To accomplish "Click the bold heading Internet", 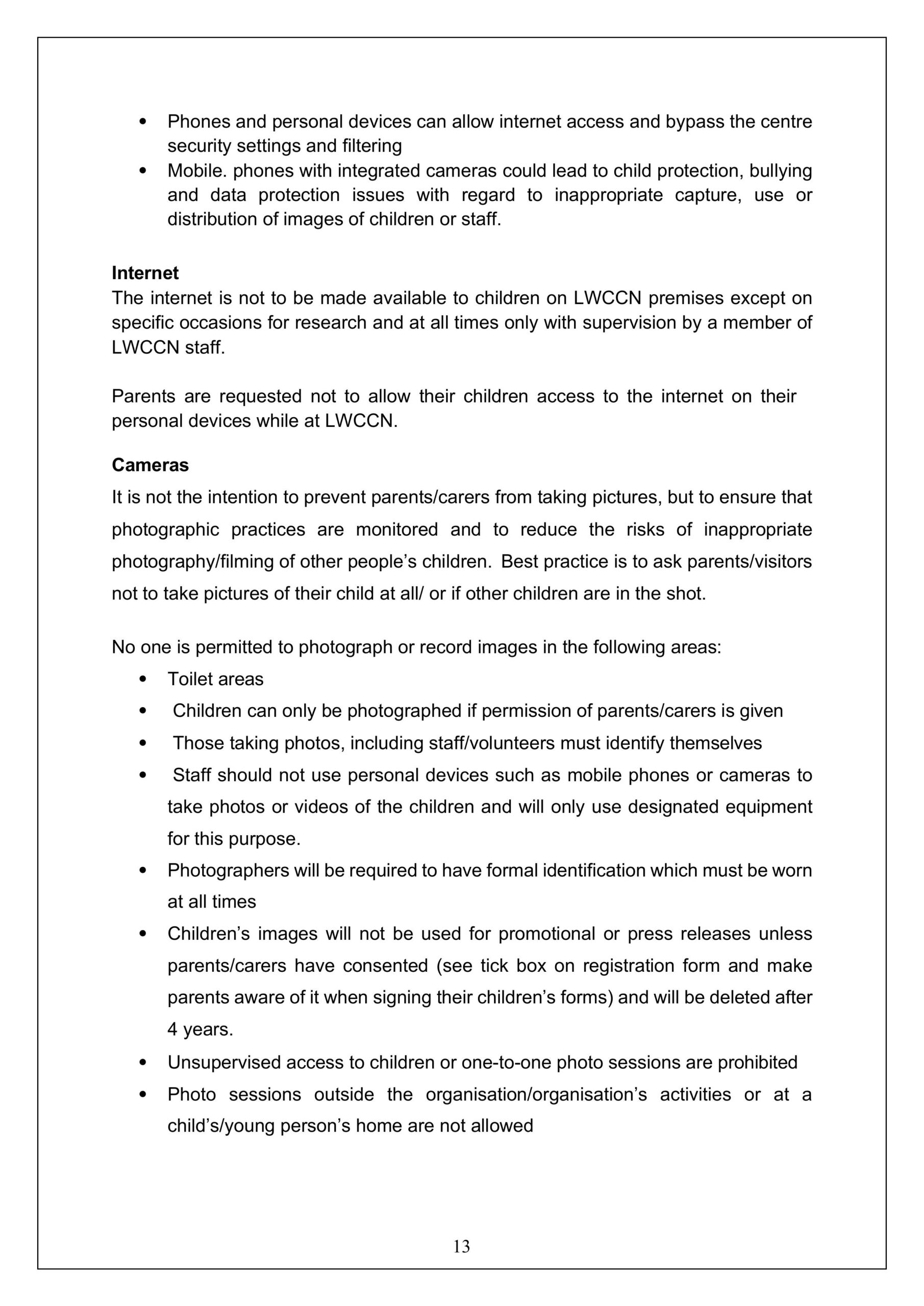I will [144, 273].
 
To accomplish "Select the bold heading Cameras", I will [150, 465].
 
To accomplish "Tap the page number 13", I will [461, 1246].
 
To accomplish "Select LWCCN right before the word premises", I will [608, 298].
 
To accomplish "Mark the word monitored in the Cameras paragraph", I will [396, 530].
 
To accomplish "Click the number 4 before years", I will [172, 1029].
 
